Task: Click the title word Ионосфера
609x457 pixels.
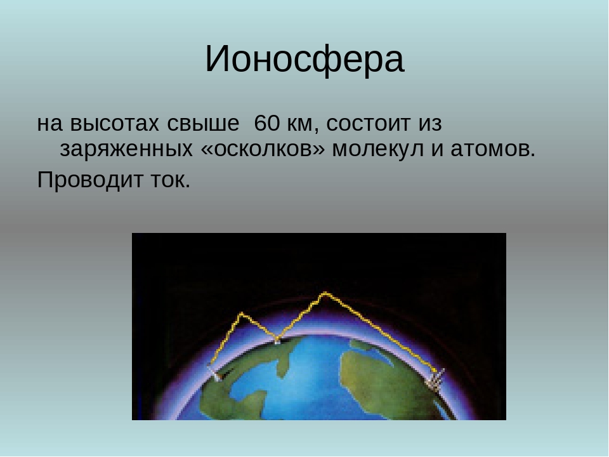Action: pyautogui.click(x=304, y=60)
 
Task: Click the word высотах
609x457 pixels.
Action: pyautogui.click(x=115, y=124)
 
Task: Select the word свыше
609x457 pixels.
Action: pyautogui.click(x=203, y=124)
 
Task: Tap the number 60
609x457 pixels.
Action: pyautogui.click(x=267, y=123)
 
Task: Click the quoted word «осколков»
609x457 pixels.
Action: pyautogui.click(x=263, y=149)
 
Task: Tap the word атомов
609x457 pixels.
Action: pyautogui.click(x=493, y=149)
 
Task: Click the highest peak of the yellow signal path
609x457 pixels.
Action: pyautogui.click(x=325, y=293)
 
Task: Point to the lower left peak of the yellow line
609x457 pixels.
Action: pyautogui.click(x=242, y=314)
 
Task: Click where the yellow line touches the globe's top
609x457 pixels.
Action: pyautogui.click(x=277, y=340)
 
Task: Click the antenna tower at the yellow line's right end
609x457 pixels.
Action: pyautogui.click(x=436, y=379)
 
